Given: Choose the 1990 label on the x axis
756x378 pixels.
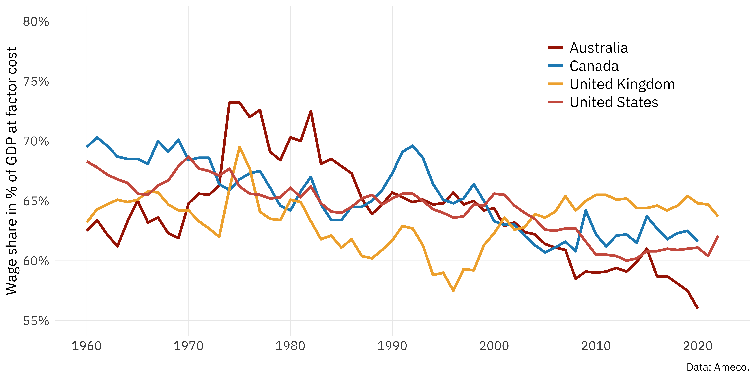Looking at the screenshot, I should point(392,346).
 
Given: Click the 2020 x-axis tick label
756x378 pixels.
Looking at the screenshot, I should point(698,346).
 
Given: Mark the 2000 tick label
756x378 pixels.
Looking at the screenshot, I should point(494,346).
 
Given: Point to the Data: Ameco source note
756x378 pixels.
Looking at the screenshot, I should point(718,367).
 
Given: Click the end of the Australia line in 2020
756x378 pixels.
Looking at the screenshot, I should point(698,308).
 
